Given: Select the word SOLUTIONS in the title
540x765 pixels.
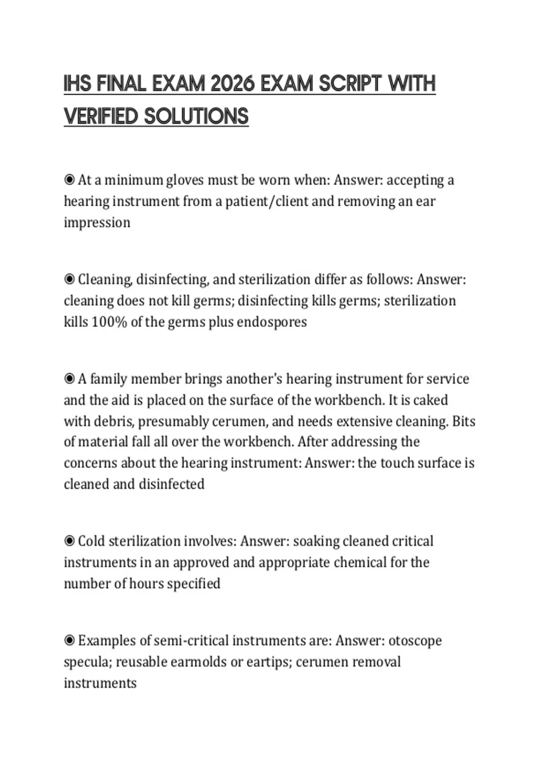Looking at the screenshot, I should click(196, 116).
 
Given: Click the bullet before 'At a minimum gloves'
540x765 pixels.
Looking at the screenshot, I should click(69, 180).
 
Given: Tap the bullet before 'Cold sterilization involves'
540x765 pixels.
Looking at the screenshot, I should click(69, 540).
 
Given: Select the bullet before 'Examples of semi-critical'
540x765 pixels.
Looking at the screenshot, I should click(69, 640).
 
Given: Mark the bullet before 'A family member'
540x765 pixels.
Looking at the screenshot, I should click(69, 379).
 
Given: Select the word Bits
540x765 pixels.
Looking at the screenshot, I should click(463, 421).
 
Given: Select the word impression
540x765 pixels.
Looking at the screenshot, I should click(97, 223).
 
